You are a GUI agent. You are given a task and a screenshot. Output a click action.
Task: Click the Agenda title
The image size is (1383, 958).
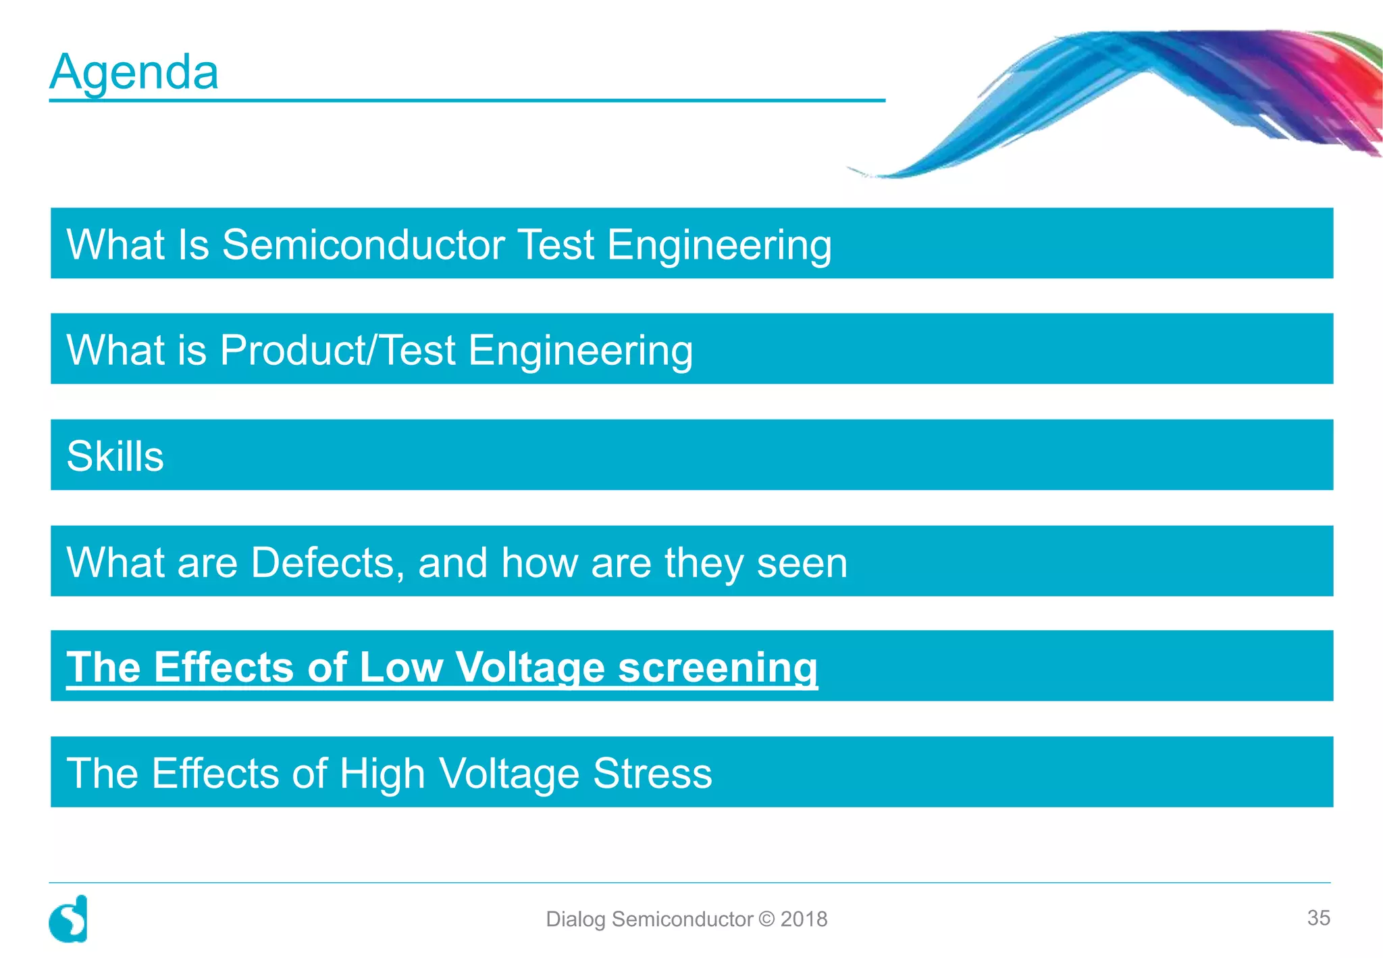134,72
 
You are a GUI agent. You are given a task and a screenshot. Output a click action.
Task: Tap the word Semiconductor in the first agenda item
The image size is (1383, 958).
363,244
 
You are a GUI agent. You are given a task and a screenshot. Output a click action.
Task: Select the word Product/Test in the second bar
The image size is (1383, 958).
338,350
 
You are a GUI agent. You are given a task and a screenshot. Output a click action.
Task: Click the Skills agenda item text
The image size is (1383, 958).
115,456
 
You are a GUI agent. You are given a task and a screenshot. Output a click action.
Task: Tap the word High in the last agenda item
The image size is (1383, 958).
382,773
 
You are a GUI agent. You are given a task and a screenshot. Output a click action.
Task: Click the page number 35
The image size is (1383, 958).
1318,917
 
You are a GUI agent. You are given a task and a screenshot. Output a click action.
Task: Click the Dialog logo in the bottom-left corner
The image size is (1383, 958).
68,919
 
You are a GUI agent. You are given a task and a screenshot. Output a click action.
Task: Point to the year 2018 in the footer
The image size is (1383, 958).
804,919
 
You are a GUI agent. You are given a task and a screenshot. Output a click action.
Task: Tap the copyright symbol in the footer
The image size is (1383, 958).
766,919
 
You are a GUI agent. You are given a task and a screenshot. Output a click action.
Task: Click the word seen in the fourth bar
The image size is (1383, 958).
802,562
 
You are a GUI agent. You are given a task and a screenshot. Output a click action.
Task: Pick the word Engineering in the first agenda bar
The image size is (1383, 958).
719,244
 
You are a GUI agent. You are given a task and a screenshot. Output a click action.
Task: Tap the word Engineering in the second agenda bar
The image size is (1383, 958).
581,350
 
